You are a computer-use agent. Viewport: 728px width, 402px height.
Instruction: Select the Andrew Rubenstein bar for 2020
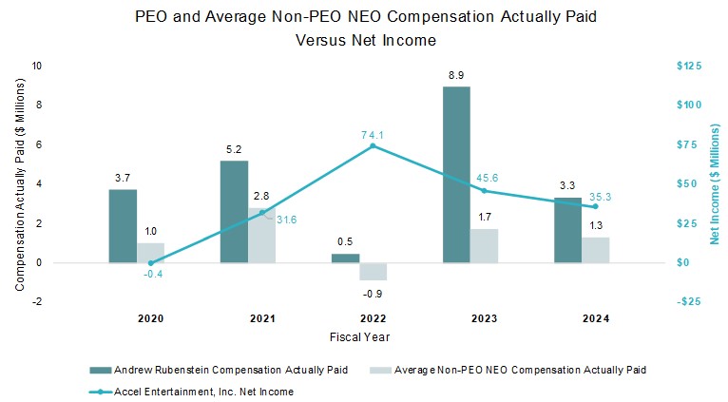click(x=123, y=225)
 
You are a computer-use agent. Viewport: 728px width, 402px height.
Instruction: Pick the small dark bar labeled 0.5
click(x=345, y=258)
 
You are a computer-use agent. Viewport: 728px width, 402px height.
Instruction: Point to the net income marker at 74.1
click(x=373, y=146)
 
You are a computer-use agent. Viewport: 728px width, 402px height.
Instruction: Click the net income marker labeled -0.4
click(x=150, y=263)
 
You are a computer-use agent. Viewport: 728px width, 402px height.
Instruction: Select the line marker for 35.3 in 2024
click(x=596, y=206)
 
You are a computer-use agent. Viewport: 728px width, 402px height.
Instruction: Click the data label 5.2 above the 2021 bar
click(x=234, y=150)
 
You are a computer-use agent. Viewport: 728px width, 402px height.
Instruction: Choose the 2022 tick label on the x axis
click(x=359, y=320)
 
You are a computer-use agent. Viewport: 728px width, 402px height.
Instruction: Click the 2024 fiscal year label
click(x=582, y=320)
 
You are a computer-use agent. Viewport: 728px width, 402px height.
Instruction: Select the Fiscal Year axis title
click(x=359, y=336)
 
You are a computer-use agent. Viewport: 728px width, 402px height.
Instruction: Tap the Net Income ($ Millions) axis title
click(x=715, y=182)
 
